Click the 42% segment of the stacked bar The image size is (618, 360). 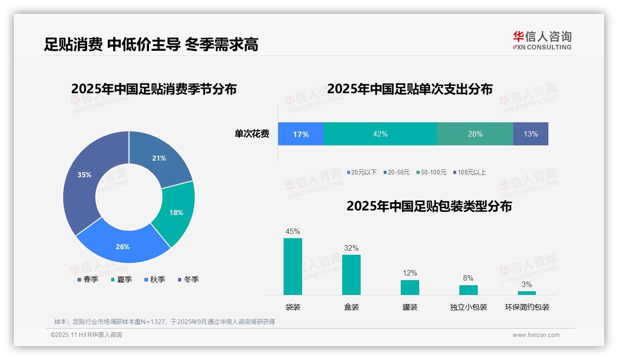(380, 134)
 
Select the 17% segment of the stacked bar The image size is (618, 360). (301, 134)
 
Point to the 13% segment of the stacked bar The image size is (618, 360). (530, 134)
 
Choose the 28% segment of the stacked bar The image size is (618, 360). (475, 134)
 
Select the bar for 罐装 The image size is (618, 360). (410, 287)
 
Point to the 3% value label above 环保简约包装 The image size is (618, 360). (527, 284)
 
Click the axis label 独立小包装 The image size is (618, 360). (469, 307)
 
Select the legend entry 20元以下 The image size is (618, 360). (362, 172)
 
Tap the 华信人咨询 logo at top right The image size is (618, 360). (542, 40)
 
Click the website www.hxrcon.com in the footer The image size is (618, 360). (536, 335)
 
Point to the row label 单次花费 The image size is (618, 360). (252, 134)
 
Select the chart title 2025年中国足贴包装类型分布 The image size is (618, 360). (429, 206)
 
